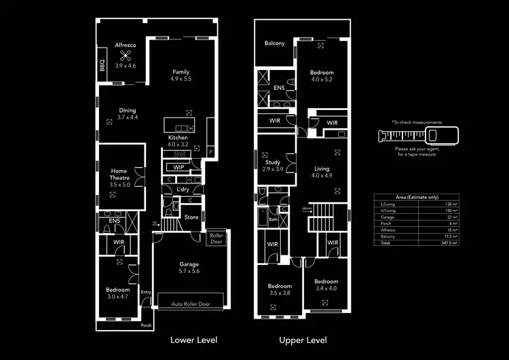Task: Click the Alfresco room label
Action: [x=125, y=45]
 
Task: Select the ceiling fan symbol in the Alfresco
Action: [x=125, y=56]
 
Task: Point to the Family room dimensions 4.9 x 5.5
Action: [x=181, y=79]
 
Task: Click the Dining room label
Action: [x=127, y=110]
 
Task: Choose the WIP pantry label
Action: [x=178, y=166]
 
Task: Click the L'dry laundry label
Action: [x=183, y=190]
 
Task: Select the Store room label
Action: [x=191, y=217]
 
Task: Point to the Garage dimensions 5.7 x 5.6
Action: [x=189, y=271]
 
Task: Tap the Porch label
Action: [x=147, y=325]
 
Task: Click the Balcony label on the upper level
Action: [x=274, y=44]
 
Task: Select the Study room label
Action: [x=273, y=162]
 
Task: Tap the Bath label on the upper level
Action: [x=273, y=219]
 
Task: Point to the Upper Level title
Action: [x=303, y=340]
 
